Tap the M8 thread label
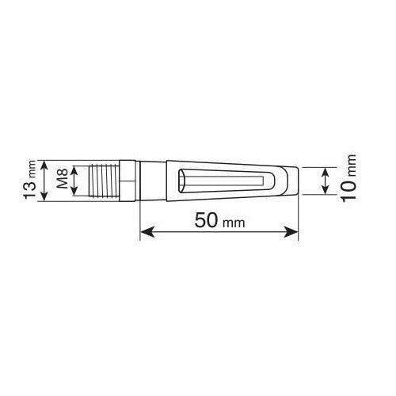[63, 180]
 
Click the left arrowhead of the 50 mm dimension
[145, 233]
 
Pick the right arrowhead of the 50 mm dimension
[296, 233]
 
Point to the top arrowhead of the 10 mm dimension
[326, 169]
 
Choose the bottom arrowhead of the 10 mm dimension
[326, 192]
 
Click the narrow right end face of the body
[297, 181]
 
